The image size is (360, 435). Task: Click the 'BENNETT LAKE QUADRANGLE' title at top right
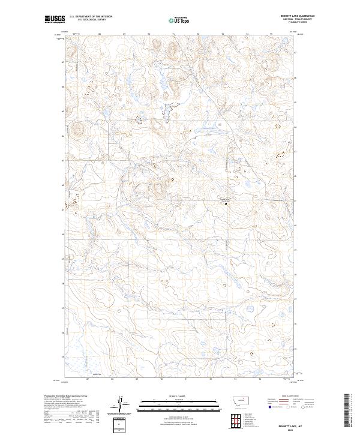pos(292,16)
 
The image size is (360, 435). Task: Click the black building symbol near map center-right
pos(226,204)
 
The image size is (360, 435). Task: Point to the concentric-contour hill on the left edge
pos(79,128)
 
